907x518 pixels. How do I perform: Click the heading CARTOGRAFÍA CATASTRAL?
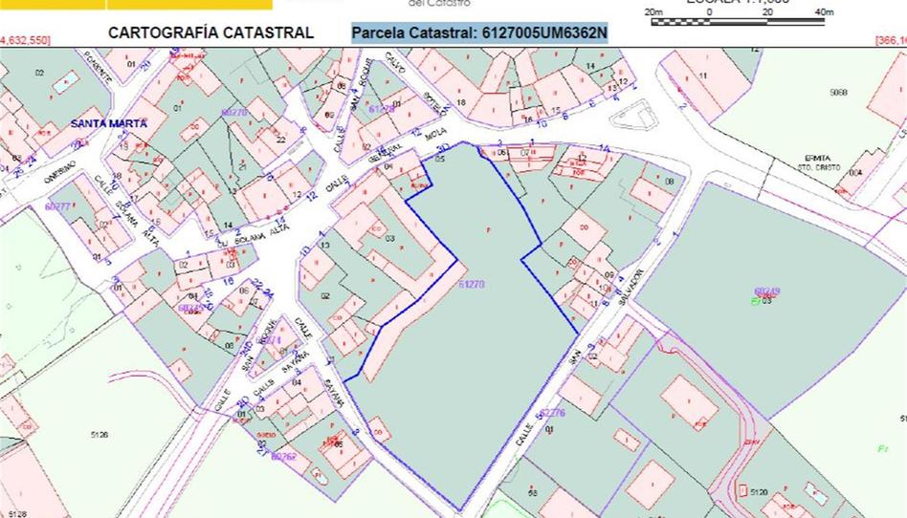(x=210, y=32)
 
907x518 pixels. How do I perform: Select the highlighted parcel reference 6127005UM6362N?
(x=479, y=33)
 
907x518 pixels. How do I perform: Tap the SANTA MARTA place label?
(x=108, y=124)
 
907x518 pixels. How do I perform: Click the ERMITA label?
(x=818, y=158)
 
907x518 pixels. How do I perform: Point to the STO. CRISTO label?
(x=818, y=167)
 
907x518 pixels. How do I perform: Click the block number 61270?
(x=472, y=284)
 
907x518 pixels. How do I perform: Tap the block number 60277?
(x=57, y=206)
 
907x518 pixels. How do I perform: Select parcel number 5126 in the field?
(x=99, y=435)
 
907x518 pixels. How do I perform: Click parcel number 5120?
(x=759, y=491)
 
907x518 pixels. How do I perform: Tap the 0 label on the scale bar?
(x=709, y=11)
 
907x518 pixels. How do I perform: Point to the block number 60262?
(x=284, y=456)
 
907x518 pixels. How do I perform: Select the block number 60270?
(x=234, y=112)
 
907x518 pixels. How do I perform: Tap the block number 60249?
(x=767, y=291)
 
